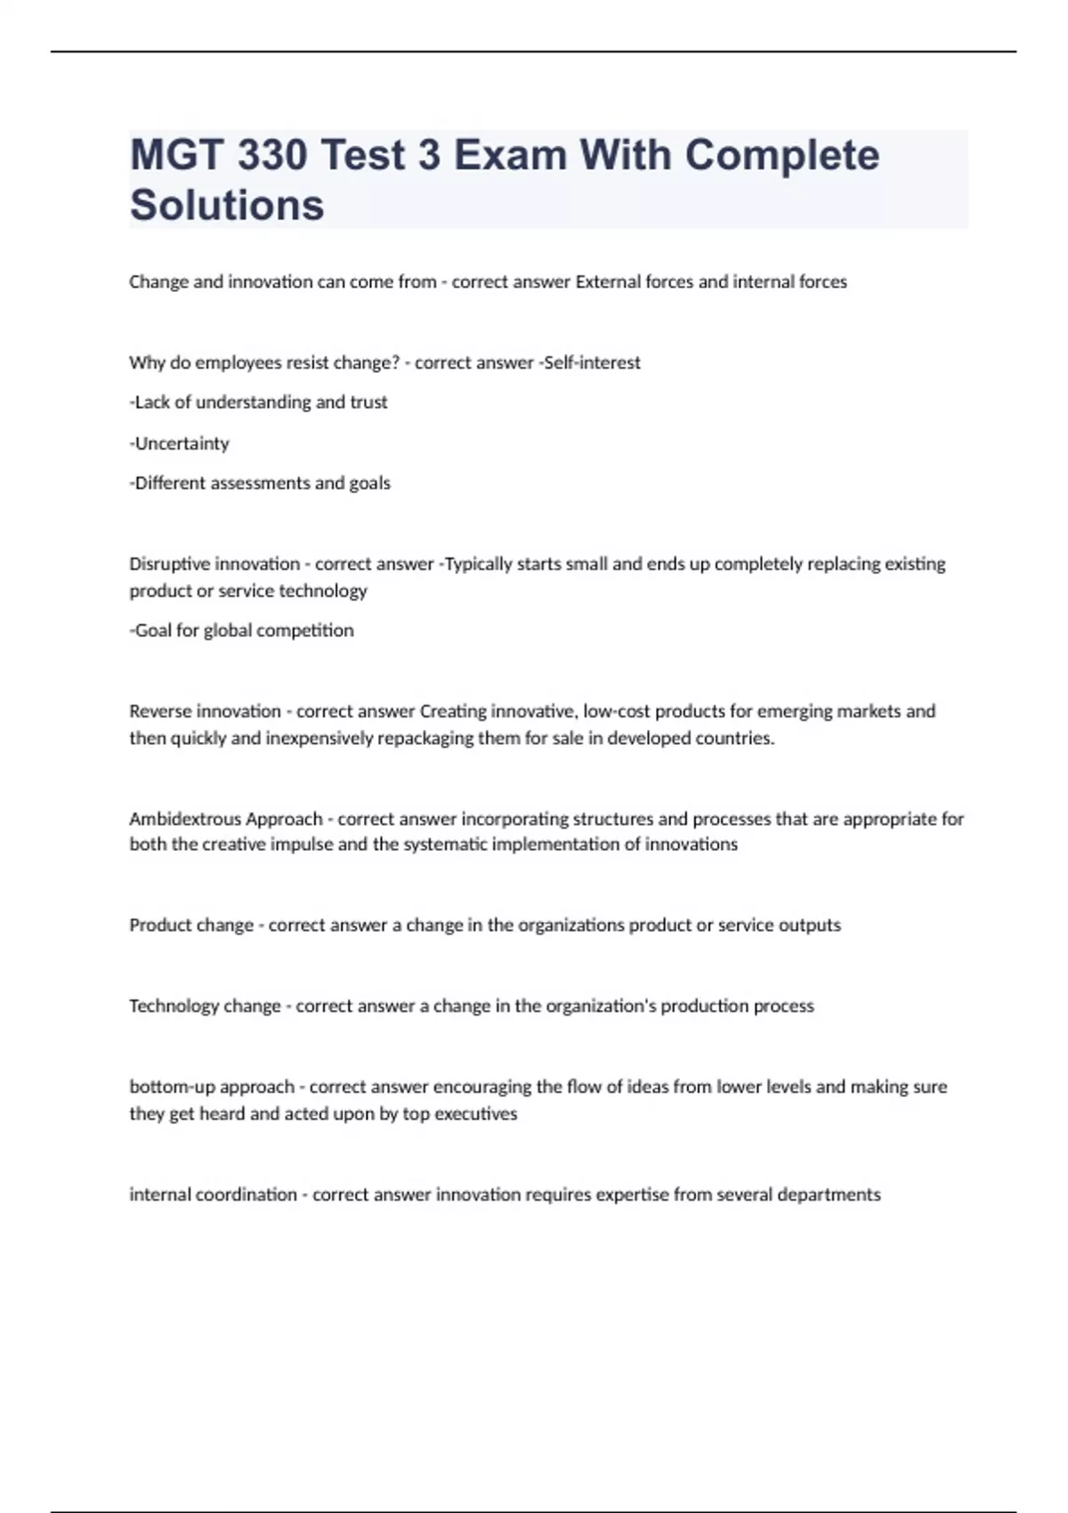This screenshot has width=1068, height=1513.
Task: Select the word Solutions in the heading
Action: (x=227, y=205)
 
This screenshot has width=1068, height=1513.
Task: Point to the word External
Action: (x=608, y=282)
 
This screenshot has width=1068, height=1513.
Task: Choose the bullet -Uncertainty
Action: (x=180, y=443)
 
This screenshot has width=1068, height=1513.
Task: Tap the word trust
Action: (x=368, y=402)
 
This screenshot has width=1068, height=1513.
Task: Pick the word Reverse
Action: (x=160, y=711)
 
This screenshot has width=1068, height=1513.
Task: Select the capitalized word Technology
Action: (x=174, y=1006)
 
